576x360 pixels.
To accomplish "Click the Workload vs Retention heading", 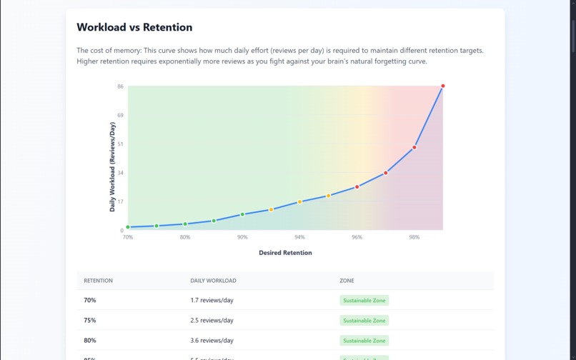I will tap(134, 28).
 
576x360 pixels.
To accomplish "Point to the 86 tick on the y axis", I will tap(120, 86).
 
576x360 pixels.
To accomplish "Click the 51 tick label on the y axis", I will tap(120, 144).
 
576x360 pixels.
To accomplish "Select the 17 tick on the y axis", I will tap(120, 201).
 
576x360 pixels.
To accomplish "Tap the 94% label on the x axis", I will tap(299, 237).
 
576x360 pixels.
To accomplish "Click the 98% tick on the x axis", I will tap(414, 237).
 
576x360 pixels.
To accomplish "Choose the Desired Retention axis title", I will tap(285, 252).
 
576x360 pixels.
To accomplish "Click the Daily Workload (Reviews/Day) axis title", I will tap(112, 167).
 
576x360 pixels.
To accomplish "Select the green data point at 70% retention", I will tap(128, 227).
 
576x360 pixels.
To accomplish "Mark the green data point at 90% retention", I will tap(242, 214).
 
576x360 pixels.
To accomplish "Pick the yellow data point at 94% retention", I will tap(299, 202).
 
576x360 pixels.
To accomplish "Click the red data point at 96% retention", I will tap(357, 186).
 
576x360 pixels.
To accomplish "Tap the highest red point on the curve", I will tap(442, 86).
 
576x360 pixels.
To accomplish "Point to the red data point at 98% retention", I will tap(414, 147).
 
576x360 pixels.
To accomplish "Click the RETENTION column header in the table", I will tap(98, 281).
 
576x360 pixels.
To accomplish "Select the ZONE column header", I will tap(347, 281).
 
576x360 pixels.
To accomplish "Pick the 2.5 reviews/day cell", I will tap(212, 321).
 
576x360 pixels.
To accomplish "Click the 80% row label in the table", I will tap(90, 341).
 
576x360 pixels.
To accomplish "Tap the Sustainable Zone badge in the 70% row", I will tap(364, 301).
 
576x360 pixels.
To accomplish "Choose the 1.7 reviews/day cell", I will tap(212, 301).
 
